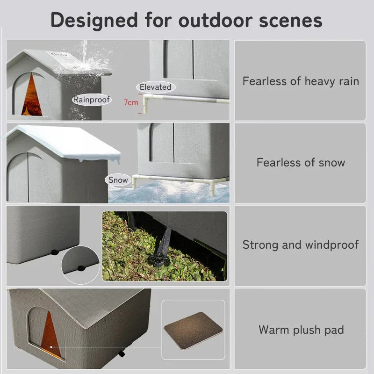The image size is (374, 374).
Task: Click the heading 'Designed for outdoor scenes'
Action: coord(187,20)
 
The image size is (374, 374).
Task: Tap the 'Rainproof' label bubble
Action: coord(92,100)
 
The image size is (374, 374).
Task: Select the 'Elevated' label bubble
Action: coord(156,87)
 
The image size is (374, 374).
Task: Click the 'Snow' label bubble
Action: coord(118,180)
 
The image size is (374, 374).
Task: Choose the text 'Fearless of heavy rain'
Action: coord(301,81)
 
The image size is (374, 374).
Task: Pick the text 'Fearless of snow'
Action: coord(301,163)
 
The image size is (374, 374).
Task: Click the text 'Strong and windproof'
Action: coord(301,245)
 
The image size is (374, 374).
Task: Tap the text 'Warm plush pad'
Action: coord(301,330)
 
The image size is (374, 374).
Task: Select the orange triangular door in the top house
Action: coord(32,96)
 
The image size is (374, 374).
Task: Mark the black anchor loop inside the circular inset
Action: coord(80,268)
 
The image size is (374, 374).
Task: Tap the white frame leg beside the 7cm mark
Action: coord(146,104)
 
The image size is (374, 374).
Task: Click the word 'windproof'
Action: coord(332,245)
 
